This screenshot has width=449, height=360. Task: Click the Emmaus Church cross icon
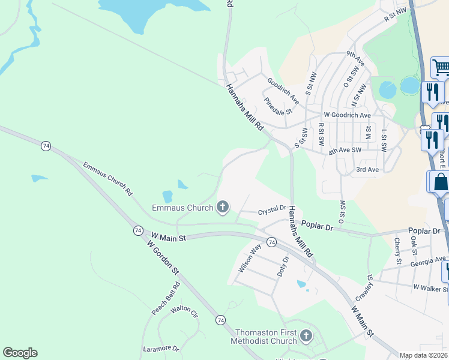[x=223, y=208]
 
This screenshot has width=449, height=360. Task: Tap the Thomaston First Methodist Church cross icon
[x=306, y=335]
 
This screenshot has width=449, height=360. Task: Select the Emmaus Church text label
[x=182, y=208]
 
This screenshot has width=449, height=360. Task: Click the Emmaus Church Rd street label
[x=107, y=179]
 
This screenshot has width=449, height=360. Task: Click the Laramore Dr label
[x=161, y=348]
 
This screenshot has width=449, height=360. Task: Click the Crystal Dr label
[x=272, y=211]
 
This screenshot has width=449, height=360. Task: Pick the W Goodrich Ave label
[x=347, y=115]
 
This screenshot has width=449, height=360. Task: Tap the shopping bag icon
[x=439, y=181]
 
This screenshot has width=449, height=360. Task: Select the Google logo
[x=20, y=353]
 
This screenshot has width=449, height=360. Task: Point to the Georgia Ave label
[x=428, y=262]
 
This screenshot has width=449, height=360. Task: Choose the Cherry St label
[x=397, y=251]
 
